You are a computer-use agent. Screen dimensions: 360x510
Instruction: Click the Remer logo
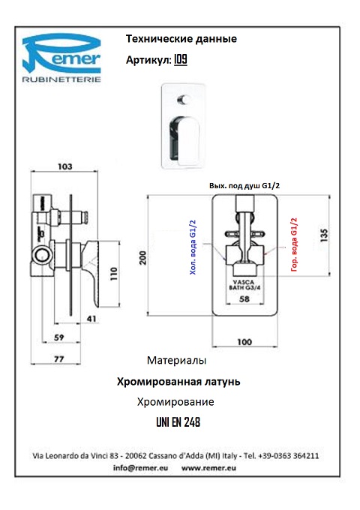(x=61, y=58)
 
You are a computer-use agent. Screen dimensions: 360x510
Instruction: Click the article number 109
(x=181, y=59)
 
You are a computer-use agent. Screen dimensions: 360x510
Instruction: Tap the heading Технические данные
(x=181, y=39)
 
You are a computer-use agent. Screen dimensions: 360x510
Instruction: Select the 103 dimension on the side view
(x=65, y=166)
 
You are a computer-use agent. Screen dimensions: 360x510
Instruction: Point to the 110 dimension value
(x=113, y=274)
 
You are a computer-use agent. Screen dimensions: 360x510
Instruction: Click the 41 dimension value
(x=91, y=319)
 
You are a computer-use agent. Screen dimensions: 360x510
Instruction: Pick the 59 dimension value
(x=58, y=337)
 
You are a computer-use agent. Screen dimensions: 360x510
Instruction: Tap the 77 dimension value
(x=58, y=359)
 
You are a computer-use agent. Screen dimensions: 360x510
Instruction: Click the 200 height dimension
(x=142, y=257)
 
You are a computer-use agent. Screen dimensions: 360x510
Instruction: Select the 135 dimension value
(x=324, y=235)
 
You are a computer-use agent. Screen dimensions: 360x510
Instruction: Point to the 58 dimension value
(x=244, y=299)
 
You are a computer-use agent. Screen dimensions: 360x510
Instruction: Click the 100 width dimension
(x=244, y=342)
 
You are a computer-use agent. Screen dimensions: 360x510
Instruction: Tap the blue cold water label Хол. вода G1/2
(x=193, y=247)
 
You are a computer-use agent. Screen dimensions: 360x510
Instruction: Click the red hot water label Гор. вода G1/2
(x=294, y=244)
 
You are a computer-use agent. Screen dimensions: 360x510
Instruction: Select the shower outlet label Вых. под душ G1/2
(x=244, y=186)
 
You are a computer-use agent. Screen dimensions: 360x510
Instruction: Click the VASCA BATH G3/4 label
(x=244, y=285)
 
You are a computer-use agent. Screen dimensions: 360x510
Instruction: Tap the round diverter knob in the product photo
(x=184, y=99)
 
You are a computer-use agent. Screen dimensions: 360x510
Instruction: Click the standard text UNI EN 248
(x=178, y=422)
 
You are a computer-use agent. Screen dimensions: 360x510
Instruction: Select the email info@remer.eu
(x=140, y=468)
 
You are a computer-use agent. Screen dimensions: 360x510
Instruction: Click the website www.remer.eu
(x=208, y=468)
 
